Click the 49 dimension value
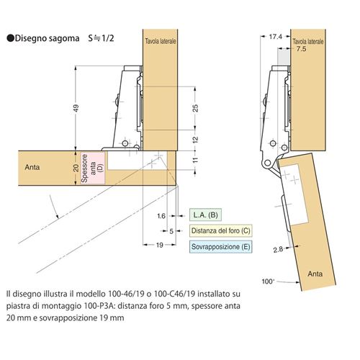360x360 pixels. tap(76, 108)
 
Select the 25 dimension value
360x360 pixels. tap(196, 108)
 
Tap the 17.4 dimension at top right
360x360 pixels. tap(275, 37)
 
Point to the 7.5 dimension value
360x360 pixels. tap(301, 49)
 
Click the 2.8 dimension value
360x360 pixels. tap(278, 250)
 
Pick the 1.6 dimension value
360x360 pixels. tap(161, 216)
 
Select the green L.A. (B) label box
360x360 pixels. tap(205, 215)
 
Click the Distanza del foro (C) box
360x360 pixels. tap(220, 231)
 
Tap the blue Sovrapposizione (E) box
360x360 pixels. tap(220, 247)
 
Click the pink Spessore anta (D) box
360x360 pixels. tap(93, 168)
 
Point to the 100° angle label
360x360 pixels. tap(268, 282)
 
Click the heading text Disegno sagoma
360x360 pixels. tap(47, 38)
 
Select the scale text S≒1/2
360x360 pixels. tap(101, 38)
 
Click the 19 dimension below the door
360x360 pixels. tap(160, 245)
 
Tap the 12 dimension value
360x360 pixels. tap(196, 140)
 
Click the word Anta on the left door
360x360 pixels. tap(32, 167)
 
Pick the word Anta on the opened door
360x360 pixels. tap(315, 274)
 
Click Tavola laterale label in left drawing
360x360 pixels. tap(161, 41)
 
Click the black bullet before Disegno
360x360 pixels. tap(11, 38)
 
